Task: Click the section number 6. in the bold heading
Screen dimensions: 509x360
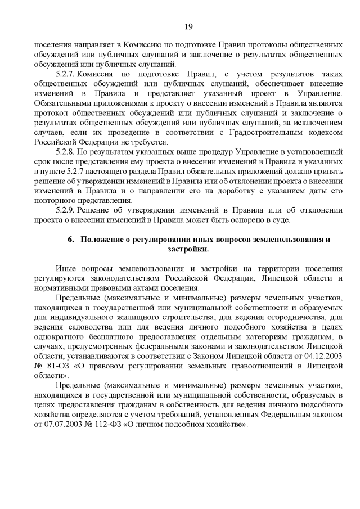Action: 71,240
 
